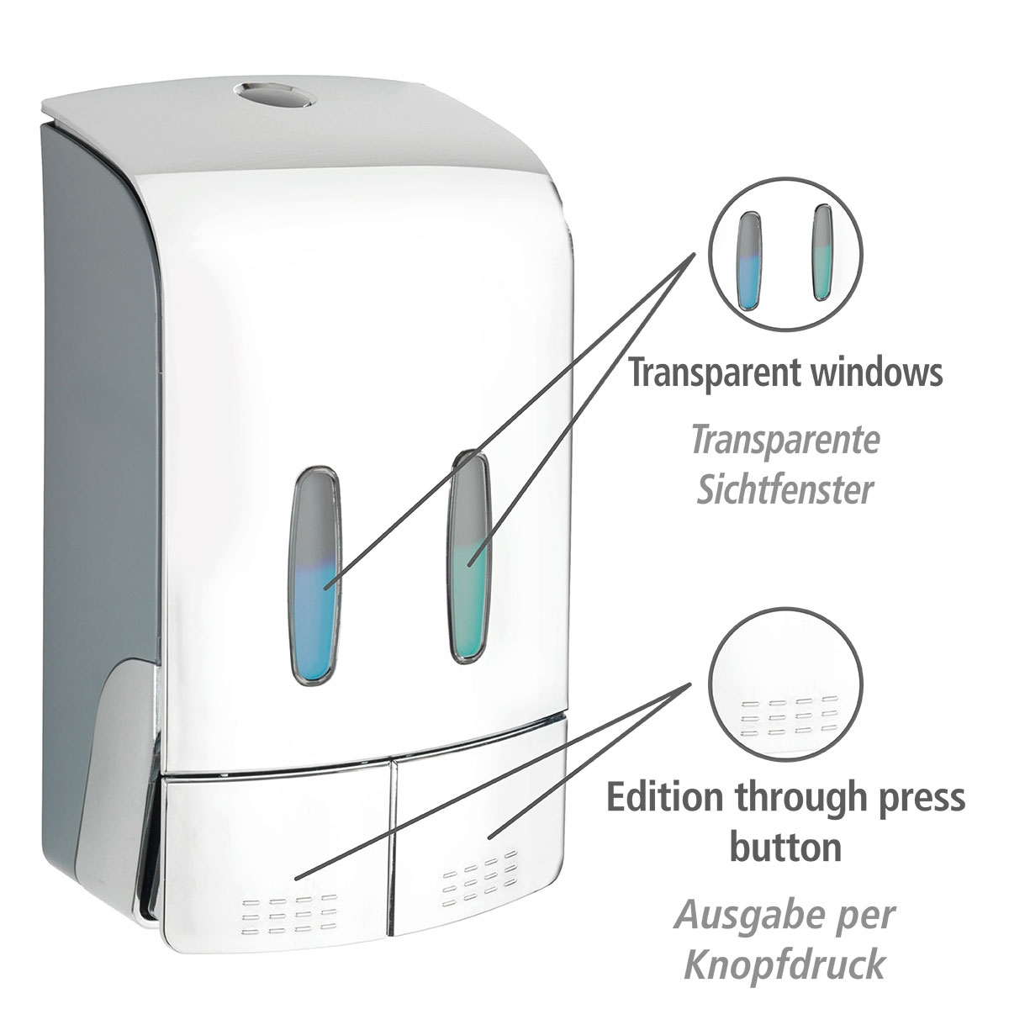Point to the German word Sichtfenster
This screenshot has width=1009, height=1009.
[784, 489]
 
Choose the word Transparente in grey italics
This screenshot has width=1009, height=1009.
[784, 441]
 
